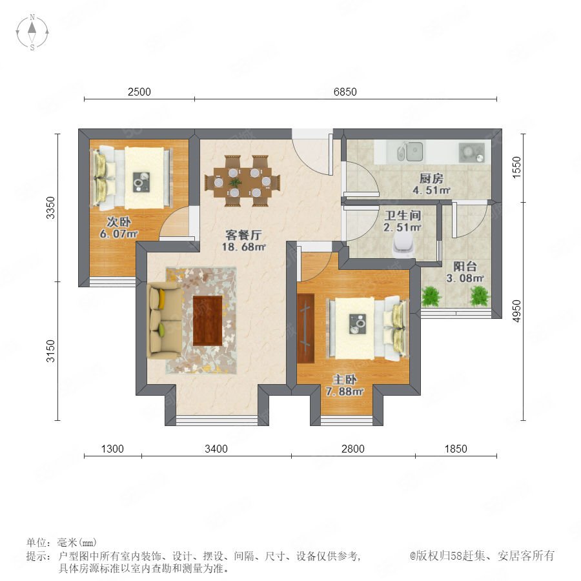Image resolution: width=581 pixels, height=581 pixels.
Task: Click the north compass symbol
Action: pyautogui.click(x=32, y=32)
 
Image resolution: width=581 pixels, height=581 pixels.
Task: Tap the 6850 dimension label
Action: pyautogui.click(x=345, y=92)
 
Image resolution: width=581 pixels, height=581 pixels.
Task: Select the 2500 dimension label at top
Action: pyautogui.click(x=139, y=92)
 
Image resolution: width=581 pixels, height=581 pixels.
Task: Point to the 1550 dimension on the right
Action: pyautogui.click(x=516, y=167)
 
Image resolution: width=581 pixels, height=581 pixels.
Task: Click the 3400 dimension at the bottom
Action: pyautogui.click(x=216, y=449)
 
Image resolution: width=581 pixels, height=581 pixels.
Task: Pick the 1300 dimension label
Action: pyautogui.click(x=112, y=449)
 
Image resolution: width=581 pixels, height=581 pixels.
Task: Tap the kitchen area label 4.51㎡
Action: pyautogui.click(x=431, y=190)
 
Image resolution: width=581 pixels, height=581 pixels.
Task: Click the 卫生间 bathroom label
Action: pyautogui.click(x=402, y=215)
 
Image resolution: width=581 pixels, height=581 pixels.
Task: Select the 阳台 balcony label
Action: pyautogui.click(x=465, y=266)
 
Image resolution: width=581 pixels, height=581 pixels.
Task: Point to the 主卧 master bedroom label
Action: pyautogui.click(x=345, y=380)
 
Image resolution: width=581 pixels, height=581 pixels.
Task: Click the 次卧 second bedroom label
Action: pyautogui.click(x=119, y=221)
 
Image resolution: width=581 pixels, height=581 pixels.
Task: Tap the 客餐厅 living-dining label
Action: pyautogui.click(x=243, y=235)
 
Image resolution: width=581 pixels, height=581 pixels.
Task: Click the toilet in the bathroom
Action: pyautogui.click(x=403, y=246)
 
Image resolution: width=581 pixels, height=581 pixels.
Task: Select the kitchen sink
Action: pyautogui.click(x=410, y=152)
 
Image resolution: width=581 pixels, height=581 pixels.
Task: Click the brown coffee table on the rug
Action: pyautogui.click(x=207, y=320)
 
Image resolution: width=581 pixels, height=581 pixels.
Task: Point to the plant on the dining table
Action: pyautogui.click(x=235, y=183)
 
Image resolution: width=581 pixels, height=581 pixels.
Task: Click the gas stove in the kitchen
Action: pyautogui.click(x=471, y=152)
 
